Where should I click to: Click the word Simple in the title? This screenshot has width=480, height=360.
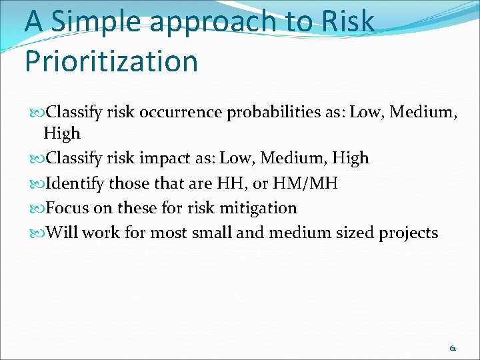pos(97,22)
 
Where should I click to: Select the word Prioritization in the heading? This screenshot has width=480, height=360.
pos(111,61)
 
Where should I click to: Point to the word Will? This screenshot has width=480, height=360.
pos(61,233)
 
